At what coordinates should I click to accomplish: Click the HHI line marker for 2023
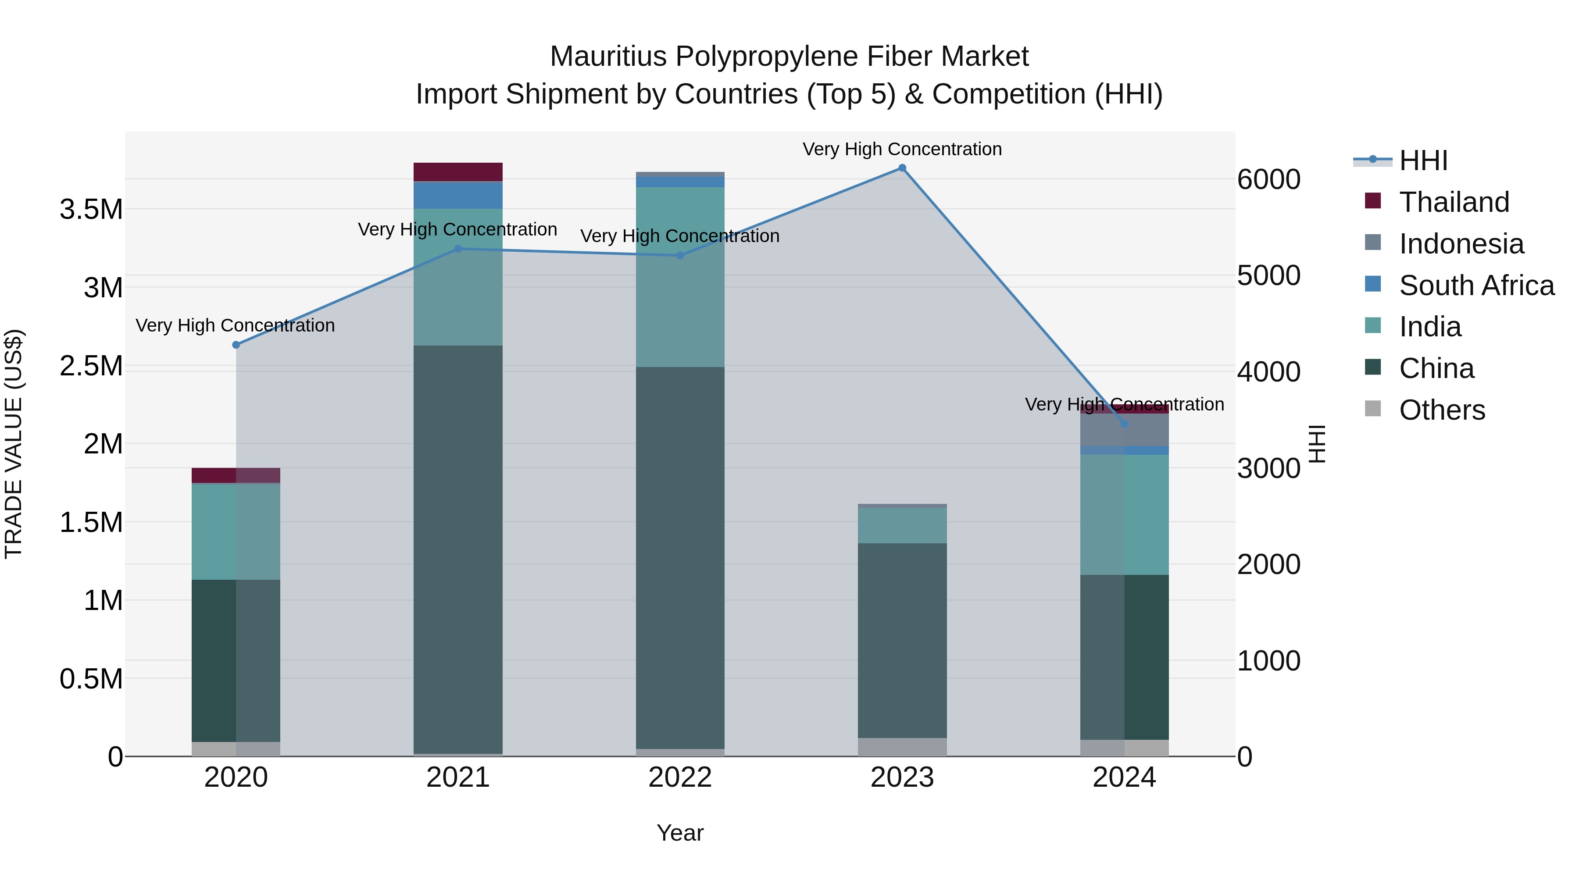[902, 168]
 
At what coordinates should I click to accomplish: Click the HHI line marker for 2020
[236, 345]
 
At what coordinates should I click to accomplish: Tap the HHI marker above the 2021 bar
[458, 249]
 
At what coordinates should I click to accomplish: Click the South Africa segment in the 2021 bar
[458, 195]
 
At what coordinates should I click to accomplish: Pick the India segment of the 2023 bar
[902, 525]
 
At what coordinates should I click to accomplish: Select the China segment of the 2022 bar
[680, 558]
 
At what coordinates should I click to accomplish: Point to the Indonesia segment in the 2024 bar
[1124, 430]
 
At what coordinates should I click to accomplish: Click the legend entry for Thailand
[1454, 202]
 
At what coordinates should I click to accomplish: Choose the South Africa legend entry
[1476, 285]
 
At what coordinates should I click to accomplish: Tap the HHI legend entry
[1423, 160]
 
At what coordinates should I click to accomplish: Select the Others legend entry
[1441, 410]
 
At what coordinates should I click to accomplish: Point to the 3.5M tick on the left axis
[91, 210]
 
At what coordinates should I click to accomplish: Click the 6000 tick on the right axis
[1268, 179]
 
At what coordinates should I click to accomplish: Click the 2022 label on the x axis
[680, 777]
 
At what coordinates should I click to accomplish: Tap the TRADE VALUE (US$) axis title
[14, 444]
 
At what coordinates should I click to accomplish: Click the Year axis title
[680, 833]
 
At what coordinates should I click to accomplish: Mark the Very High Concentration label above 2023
[902, 149]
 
